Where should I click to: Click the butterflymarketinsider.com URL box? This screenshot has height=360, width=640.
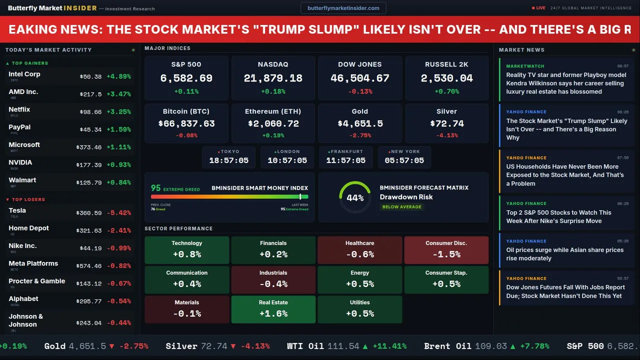pos(343,8)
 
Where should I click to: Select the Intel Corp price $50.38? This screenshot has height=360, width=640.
pos(90,76)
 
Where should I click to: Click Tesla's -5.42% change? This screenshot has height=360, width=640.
pos(119,213)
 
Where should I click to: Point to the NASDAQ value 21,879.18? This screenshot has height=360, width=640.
pos(273,78)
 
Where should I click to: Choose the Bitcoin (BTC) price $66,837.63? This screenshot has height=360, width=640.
pos(186,123)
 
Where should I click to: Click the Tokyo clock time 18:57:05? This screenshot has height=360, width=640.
pos(229,160)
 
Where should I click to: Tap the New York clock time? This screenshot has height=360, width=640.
pos(404,160)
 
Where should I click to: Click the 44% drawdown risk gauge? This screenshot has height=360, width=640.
pos(355,197)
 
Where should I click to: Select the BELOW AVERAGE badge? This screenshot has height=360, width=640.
pos(401,206)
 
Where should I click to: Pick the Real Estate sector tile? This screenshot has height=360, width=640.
pos(273,309)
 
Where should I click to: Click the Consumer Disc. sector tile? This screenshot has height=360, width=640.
pos(446,249)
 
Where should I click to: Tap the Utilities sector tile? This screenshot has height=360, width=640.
pos(359,309)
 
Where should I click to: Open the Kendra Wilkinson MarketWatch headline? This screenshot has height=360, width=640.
pos(566,83)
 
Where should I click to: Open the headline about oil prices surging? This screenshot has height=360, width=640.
pos(564,254)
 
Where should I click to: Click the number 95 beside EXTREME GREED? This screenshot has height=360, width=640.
pos(156,188)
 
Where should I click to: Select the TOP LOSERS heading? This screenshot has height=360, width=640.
pos(28,199)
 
